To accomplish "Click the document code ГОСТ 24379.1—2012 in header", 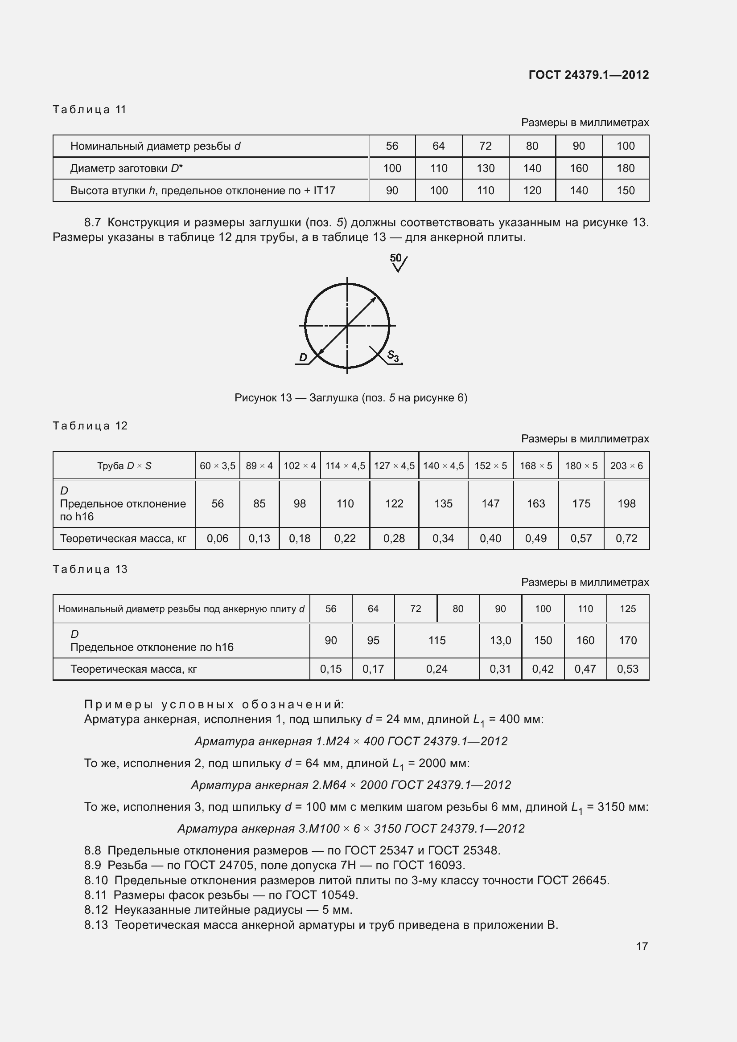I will click(589, 75).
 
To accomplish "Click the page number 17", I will click(642, 946).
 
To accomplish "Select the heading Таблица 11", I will click(90, 110).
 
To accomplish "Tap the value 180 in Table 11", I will click(625, 168).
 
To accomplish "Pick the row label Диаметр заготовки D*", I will click(126, 168).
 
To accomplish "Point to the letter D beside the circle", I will click(303, 358).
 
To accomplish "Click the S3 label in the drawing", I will click(393, 356).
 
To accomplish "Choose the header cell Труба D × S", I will click(124, 466).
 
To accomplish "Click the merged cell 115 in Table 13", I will click(437, 640).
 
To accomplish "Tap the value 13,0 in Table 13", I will click(500, 640).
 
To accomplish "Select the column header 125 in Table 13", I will click(628, 609).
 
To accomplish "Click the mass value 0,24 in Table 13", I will click(437, 669).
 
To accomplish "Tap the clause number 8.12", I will click(96, 910).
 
